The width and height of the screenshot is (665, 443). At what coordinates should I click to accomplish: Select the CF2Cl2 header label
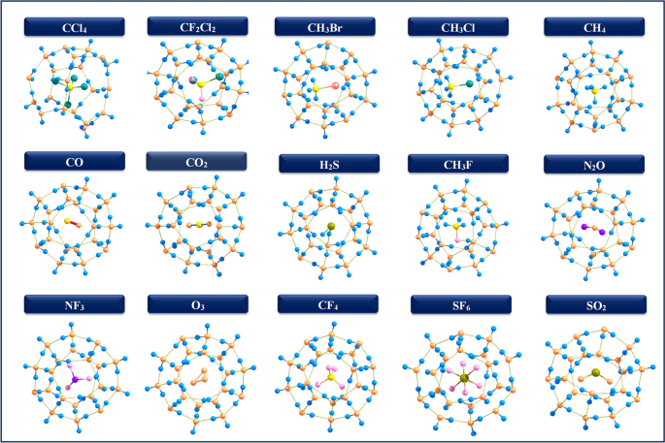coord(199,26)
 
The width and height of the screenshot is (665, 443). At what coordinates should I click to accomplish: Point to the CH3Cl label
coord(456,26)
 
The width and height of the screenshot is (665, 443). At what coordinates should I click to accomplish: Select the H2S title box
coord(327,165)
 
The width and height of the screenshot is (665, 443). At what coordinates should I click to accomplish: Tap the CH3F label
coord(457,165)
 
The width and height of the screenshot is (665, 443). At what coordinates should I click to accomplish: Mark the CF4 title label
coord(327,304)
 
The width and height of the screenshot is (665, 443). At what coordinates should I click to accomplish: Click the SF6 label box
coord(457,304)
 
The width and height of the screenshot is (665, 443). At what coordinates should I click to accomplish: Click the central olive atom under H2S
coord(330,228)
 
